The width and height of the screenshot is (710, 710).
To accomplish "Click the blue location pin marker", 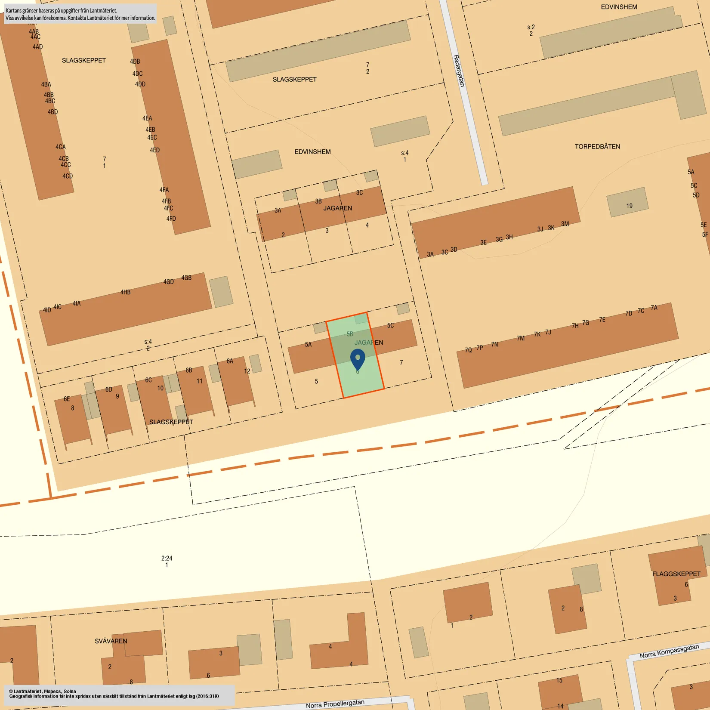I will click(x=358, y=359).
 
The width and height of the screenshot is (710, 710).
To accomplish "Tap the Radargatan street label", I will click(x=459, y=71).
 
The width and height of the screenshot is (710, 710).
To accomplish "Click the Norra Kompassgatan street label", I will click(x=669, y=651).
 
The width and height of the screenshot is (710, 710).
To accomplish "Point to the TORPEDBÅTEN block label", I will click(x=597, y=147).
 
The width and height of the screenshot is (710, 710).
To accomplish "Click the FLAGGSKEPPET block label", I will click(x=676, y=574).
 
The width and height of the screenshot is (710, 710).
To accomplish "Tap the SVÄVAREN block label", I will click(x=111, y=641).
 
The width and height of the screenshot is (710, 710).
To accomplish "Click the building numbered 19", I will click(x=629, y=206).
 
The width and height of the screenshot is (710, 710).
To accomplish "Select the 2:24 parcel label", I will click(x=167, y=558).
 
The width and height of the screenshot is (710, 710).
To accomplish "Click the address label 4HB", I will click(x=125, y=292).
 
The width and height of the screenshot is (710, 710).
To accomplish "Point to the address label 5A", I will click(x=308, y=344).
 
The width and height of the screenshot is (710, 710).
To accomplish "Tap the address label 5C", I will click(x=390, y=325).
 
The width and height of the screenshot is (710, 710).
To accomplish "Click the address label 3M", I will click(x=565, y=224).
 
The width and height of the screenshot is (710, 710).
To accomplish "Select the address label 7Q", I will click(x=468, y=350).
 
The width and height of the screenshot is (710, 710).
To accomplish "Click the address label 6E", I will click(x=67, y=399).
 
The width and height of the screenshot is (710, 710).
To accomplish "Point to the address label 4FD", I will click(x=171, y=219).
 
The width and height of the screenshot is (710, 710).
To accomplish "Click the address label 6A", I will click(x=230, y=361).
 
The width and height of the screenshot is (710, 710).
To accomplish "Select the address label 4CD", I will click(x=68, y=176).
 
